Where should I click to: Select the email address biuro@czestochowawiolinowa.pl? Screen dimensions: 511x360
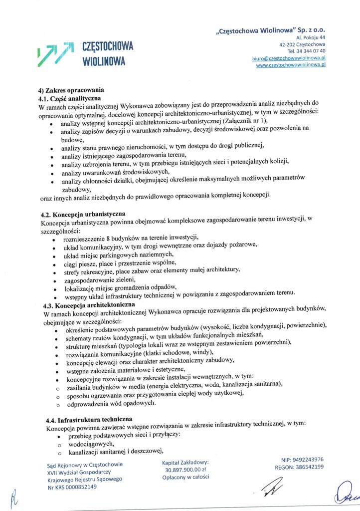(x=290, y=58)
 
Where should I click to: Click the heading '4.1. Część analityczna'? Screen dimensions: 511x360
(x=70, y=98)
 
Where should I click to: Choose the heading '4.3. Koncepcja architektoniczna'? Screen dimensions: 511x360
(x=90, y=304)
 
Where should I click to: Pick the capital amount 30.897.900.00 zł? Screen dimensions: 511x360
(x=185, y=470)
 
